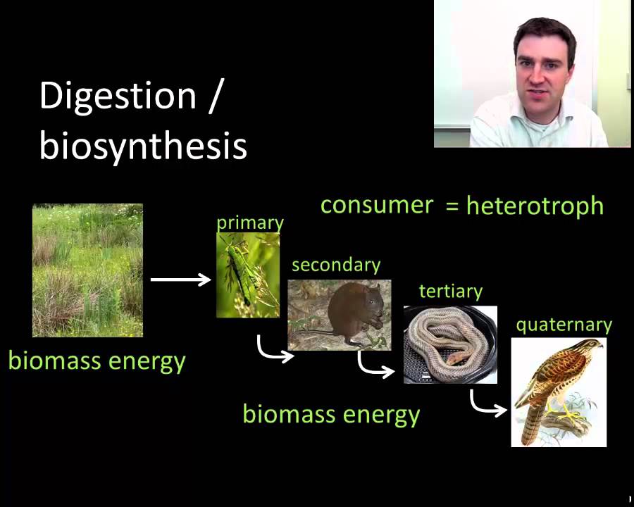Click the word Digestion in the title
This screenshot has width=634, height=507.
[118, 96]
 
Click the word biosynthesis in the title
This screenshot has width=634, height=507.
[143, 146]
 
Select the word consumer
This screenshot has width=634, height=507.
[377, 205]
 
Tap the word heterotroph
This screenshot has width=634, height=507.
[535, 206]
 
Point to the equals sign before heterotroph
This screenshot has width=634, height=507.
[452, 206]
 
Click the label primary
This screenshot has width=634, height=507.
[249, 223]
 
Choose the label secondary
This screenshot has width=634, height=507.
[336, 265]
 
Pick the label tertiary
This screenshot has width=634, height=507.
[450, 291]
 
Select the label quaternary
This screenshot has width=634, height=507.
[564, 325]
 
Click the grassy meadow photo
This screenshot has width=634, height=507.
[87, 270]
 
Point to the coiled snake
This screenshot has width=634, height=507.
[444, 345]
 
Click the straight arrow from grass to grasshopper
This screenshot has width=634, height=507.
[180, 280]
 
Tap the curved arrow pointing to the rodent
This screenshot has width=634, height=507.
[274, 350]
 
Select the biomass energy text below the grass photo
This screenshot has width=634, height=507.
[97, 361]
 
